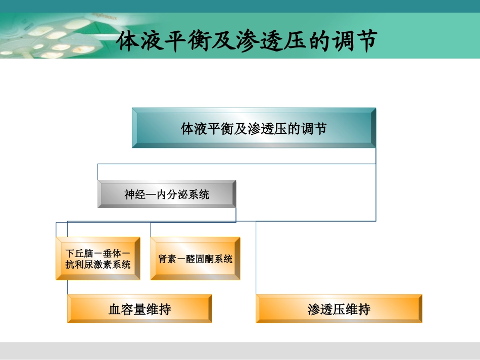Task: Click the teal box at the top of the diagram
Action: (x=254, y=128)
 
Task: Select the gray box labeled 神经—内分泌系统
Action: (x=167, y=194)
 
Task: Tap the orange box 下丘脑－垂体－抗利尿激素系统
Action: (x=98, y=259)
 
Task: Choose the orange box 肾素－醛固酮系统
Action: (x=195, y=259)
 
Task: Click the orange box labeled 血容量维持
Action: (x=139, y=309)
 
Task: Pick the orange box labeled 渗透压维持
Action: (x=339, y=309)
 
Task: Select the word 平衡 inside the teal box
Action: (x=214, y=128)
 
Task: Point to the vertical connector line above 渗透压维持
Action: (x=256, y=258)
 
